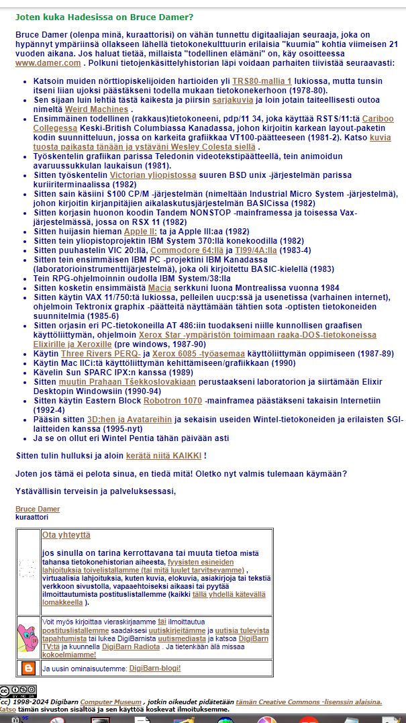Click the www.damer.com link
pyautogui.click(x=48, y=63)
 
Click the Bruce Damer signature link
pyautogui.click(x=37, y=509)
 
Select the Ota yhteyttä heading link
pyautogui.click(x=66, y=535)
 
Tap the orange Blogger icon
pyautogui.click(x=28, y=668)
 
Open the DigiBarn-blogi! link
pyautogui.click(x=154, y=668)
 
